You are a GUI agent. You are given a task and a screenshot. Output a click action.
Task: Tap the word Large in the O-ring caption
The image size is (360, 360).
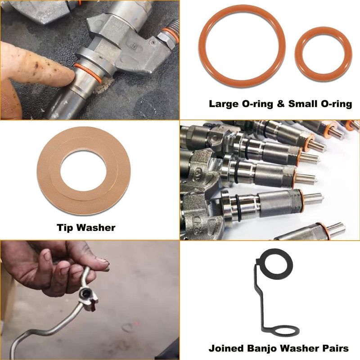(x=223, y=104)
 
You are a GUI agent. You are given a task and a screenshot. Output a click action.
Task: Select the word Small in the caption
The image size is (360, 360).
(x=303, y=103)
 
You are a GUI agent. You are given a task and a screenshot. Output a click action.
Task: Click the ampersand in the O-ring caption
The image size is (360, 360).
(x=280, y=103)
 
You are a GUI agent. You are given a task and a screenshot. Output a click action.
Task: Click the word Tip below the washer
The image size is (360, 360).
(x=65, y=228)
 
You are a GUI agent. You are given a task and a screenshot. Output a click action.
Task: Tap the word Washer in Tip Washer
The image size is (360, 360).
(x=96, y=228)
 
